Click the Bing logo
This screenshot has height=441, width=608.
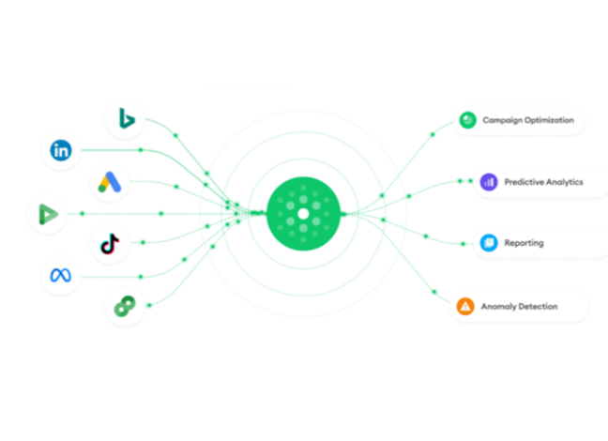pos(127,118)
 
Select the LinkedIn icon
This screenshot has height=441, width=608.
pos(61,150)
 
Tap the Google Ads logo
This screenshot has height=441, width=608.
pos(110,182)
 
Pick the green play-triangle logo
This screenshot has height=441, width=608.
pos(49,214)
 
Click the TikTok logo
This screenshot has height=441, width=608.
pos(110,244)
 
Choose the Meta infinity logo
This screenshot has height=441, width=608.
pos(60,275)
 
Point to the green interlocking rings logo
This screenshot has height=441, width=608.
pos(125,306)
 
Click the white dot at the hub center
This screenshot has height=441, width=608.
pos(303,214)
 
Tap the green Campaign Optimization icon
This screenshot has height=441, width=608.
pos(467,120)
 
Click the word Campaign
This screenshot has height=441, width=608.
pos(503,120)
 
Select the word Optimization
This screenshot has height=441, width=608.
pos(550,120)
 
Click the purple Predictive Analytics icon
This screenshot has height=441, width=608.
pos(489,182)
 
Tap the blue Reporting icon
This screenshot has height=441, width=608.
pos(489,243)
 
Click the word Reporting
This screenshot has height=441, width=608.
pos(524,243)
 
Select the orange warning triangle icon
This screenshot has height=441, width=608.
pos(465,307)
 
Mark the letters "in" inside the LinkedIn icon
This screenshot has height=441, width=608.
pos(61,150)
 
